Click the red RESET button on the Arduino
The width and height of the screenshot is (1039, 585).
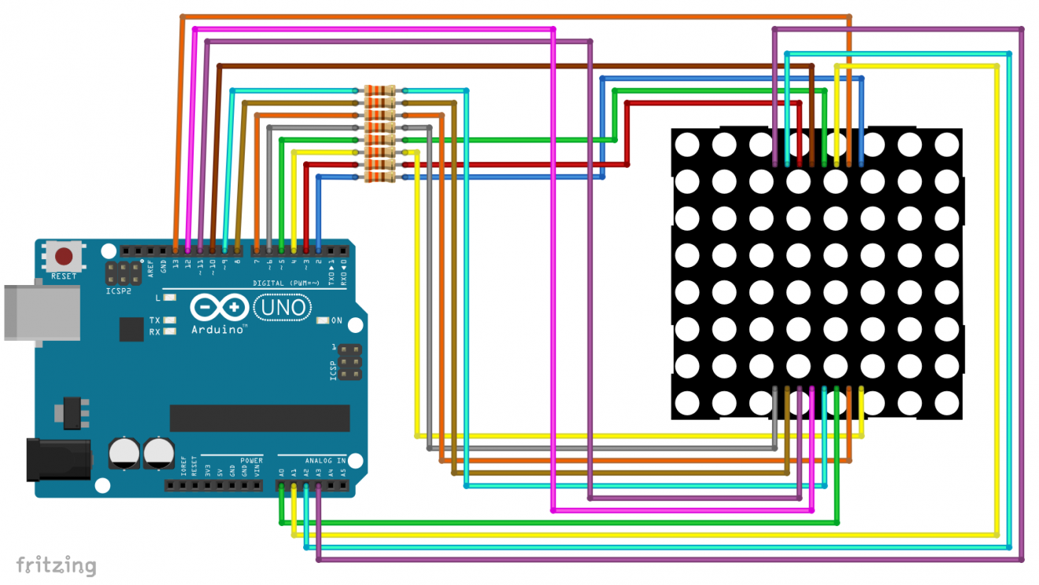[64, 256]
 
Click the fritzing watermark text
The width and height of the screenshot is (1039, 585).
[56, 565]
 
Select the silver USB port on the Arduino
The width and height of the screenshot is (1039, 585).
[39, 313]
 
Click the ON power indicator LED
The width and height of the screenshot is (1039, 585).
[323, 320]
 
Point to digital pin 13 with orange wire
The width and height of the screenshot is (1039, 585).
[176, 250]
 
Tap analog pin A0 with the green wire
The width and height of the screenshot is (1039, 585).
[281, 487]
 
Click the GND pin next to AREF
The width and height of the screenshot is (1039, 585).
[163, 250]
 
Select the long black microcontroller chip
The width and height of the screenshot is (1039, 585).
[260, 418]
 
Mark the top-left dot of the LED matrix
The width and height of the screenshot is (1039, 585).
[686, 145]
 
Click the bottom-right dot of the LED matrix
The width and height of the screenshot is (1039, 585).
[947, 404]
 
